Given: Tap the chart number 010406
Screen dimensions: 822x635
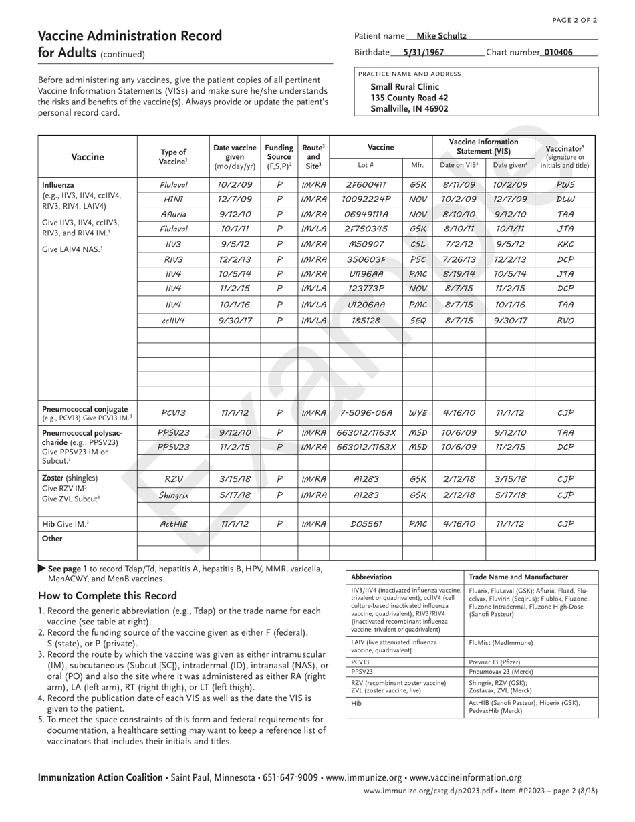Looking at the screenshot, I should pos(558,52).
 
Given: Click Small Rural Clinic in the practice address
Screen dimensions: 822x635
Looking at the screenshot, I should pos(404,86).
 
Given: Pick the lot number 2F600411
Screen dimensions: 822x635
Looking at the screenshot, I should pos(366,184).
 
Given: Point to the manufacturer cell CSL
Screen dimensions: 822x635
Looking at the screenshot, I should pos(417,244).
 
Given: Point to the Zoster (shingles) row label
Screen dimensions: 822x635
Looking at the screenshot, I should pos(70,478).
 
